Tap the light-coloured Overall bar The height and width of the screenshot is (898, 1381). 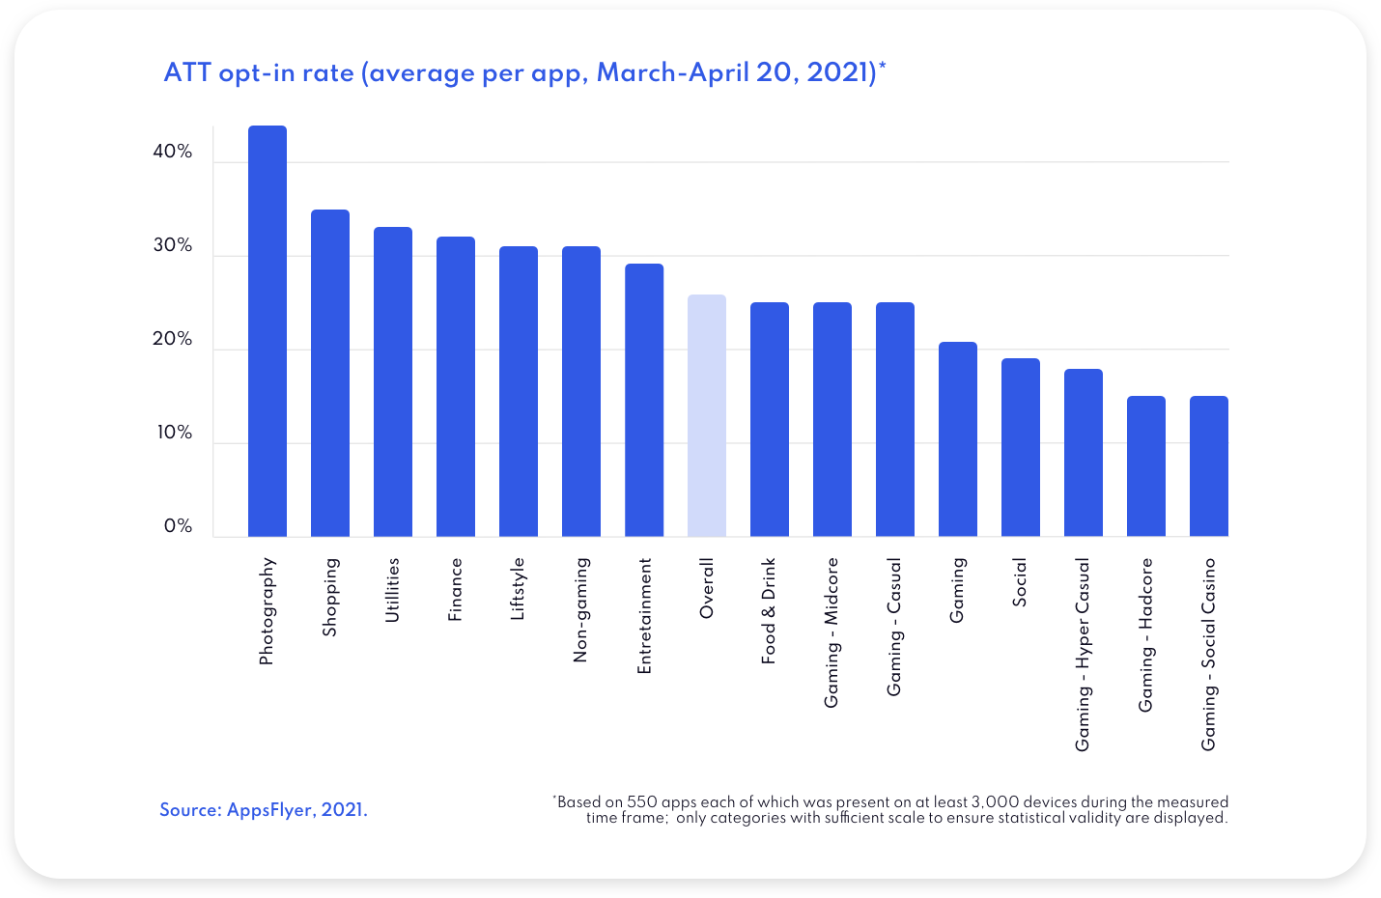pyautogui.click(x=707, y=415)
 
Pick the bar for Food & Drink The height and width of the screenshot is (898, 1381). pyautogui.click(x=770, y=419)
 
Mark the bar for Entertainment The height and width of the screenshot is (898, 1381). pyautogui.click(x=644, y=400)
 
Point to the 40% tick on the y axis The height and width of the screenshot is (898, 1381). pyautogui.click(x=173, y=152)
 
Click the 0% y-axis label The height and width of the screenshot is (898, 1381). pyautogui.click(x=178, y=526)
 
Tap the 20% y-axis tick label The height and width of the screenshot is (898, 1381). pyautogui.click(x=173, y=339)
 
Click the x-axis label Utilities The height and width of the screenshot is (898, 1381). pyautogui.click(x=392, y=590)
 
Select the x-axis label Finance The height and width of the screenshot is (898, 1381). pyautogui.click(x=455, y=589)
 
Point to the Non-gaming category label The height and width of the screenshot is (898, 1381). pyautogui.click(x=580, y=610)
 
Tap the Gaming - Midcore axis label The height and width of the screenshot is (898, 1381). pyautogui.click(x=831, y=632)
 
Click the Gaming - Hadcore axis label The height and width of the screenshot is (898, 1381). pyautogui.click(x=1146, y=635)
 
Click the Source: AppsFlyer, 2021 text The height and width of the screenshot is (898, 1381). pyautogui.click(x=264, y=810)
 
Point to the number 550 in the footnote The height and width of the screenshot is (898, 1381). pyautogui.click(x=642, y=801)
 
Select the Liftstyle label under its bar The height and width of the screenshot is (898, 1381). pyautogui.click(x=518, y=589)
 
